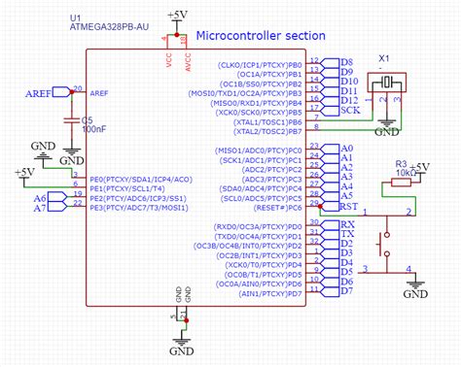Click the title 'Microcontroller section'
pyautogui.click(x=261, y=35)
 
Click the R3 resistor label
pyautogui.click(x=400, y=164)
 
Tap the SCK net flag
pyautogui.click(x=350, y=111)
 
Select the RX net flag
pyautogui.click(x=346, y=224)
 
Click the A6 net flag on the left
pyautogui.click(x=42, y=196)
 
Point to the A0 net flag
pyautogui.click(x=345, y=148)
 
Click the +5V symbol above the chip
pyautogui.click(x=177, y=16)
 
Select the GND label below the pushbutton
pyautogui.click(x=415, y=292)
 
